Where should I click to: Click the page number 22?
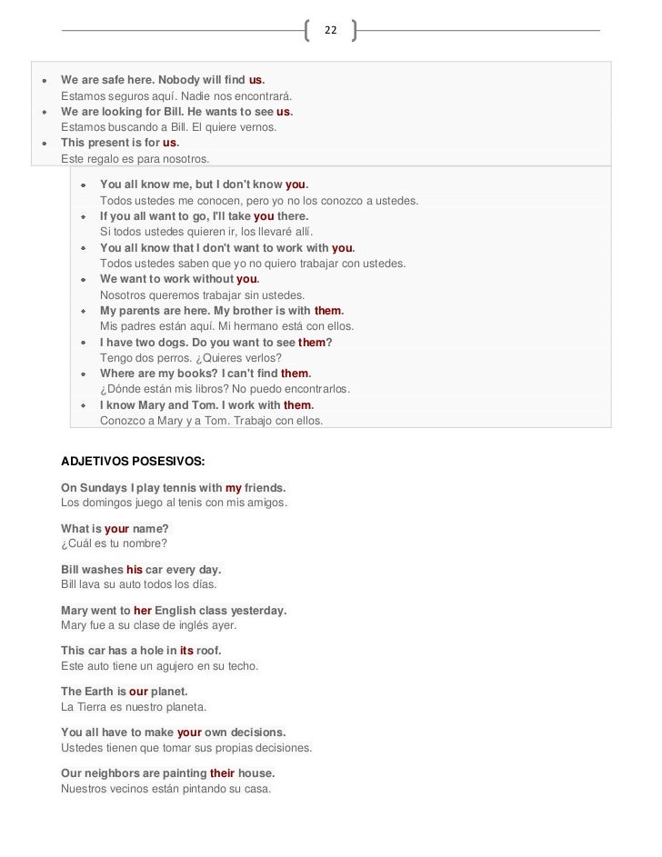coord(330,31)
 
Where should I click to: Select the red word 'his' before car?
coord(135,570)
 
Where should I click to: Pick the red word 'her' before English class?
coord(143,611)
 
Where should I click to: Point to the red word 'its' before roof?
coord(186,652)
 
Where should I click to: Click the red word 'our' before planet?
coord(138,692)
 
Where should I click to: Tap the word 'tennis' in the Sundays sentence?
coord(175,488)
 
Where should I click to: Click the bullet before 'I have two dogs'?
coord(84,343)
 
